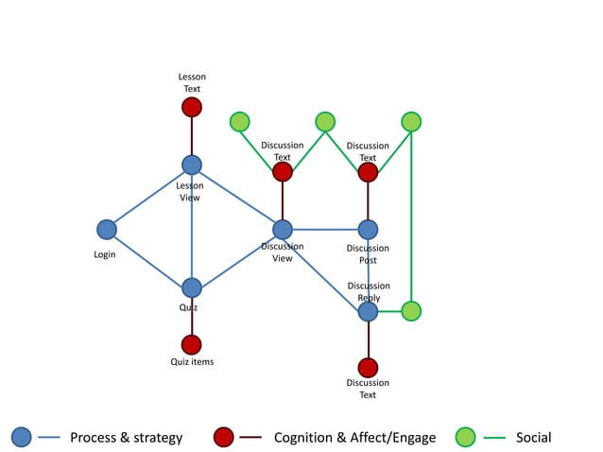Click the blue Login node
107,229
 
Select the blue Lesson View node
192,165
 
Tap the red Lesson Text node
192,107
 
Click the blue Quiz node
192,287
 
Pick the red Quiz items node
192,344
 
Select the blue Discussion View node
283,229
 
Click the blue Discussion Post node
368,229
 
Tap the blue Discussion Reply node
368,311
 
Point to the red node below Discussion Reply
368,367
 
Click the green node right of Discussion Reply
411,311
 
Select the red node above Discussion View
283,171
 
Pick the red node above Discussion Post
368,171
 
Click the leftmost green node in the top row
240,121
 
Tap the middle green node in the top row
325,121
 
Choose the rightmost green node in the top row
411,121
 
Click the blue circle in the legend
22,437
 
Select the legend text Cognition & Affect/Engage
354,437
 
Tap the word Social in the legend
533,437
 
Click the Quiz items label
192,362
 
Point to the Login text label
104,255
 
